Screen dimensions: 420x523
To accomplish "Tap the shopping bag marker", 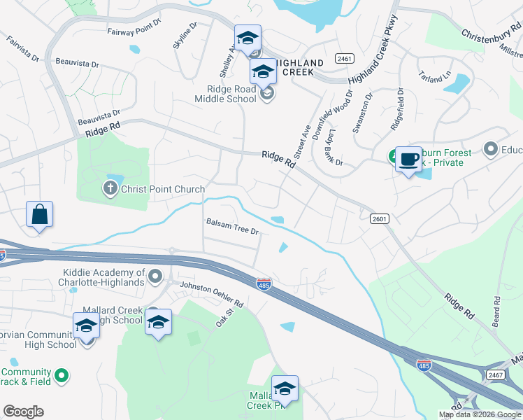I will (x=40, y=214).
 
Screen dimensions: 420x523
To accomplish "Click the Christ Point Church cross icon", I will (x=110, y=188).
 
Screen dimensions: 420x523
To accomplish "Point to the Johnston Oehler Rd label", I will (x=211, y=295).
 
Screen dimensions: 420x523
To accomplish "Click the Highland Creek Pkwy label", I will (x=373, y=51).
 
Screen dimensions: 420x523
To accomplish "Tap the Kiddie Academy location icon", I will (x=155, y=277).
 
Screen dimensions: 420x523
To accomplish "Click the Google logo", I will (x=23, y=412).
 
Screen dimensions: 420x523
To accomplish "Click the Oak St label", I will (x=224, y=323).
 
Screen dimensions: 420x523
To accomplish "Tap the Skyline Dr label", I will (x=186, y=34).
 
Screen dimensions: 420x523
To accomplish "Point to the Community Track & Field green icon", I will (x=62, y=376).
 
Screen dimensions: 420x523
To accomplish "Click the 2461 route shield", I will (x=343, y=58).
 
